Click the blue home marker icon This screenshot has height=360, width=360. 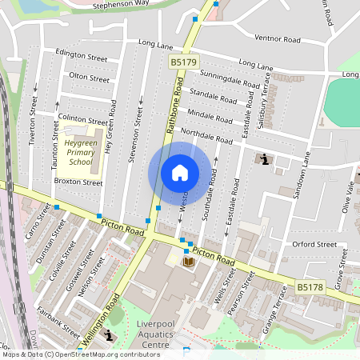(180, 173)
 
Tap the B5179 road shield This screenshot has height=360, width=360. (182, 61)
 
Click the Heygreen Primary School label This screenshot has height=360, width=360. (80, 152)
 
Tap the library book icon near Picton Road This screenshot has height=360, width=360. (189, 262)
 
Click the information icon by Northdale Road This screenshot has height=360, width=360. (264, 160)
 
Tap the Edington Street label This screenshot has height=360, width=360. (82, 58)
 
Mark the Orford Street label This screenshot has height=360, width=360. (315, 244)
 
